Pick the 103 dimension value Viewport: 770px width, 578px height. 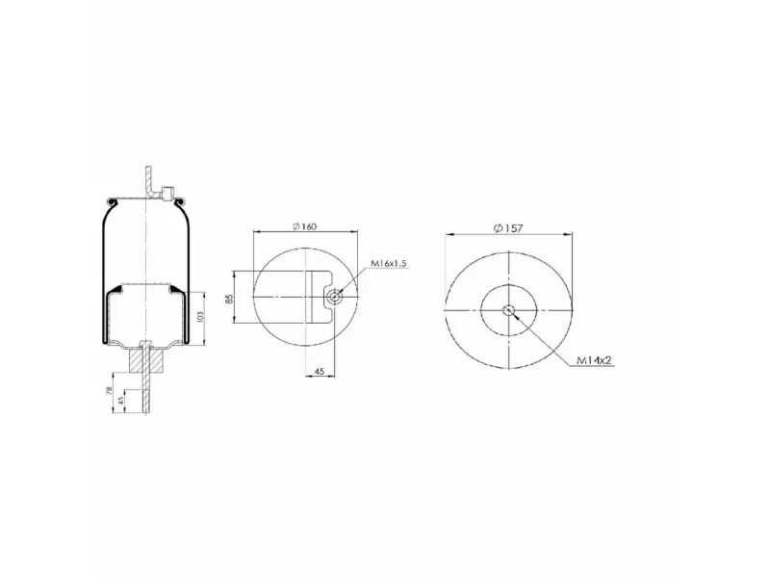(x=200, y=315)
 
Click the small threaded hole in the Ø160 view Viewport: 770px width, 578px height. (x=333, y=297)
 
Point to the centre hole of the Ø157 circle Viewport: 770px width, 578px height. (x=508, y=310)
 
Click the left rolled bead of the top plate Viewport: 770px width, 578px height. (x=113, y=200)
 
